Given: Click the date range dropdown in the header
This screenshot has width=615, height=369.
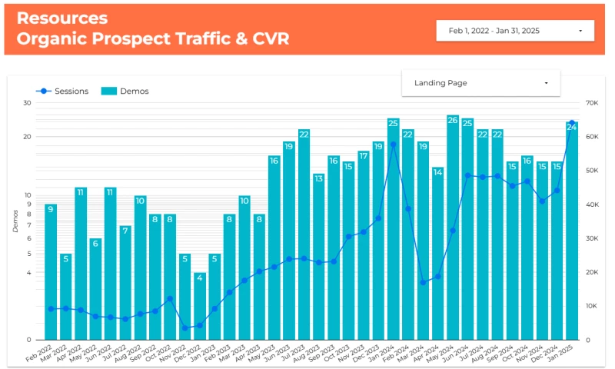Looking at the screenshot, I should point(514,31).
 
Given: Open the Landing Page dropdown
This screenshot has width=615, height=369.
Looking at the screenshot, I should point(480,83).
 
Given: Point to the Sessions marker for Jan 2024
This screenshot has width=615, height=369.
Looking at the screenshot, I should point(393,145).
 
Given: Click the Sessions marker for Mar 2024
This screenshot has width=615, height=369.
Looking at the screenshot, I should point(423,282).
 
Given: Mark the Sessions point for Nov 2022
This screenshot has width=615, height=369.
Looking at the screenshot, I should point(184,328).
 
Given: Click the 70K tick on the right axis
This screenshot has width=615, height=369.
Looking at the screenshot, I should point(591,103).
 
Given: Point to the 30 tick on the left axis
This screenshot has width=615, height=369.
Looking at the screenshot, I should point(27,103).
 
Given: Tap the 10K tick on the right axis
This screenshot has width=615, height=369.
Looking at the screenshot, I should point(591,306).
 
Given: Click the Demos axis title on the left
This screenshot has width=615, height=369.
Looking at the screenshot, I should point(16,221).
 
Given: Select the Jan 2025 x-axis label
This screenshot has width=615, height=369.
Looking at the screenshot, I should point(566,355).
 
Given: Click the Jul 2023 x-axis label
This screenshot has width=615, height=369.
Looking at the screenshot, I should point(298,355).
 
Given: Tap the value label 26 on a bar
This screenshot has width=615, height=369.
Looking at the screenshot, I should point(453,121).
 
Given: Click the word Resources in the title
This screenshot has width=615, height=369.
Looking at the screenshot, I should point(62,18).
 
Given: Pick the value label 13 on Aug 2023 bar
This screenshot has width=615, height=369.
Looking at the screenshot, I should point(318,178).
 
